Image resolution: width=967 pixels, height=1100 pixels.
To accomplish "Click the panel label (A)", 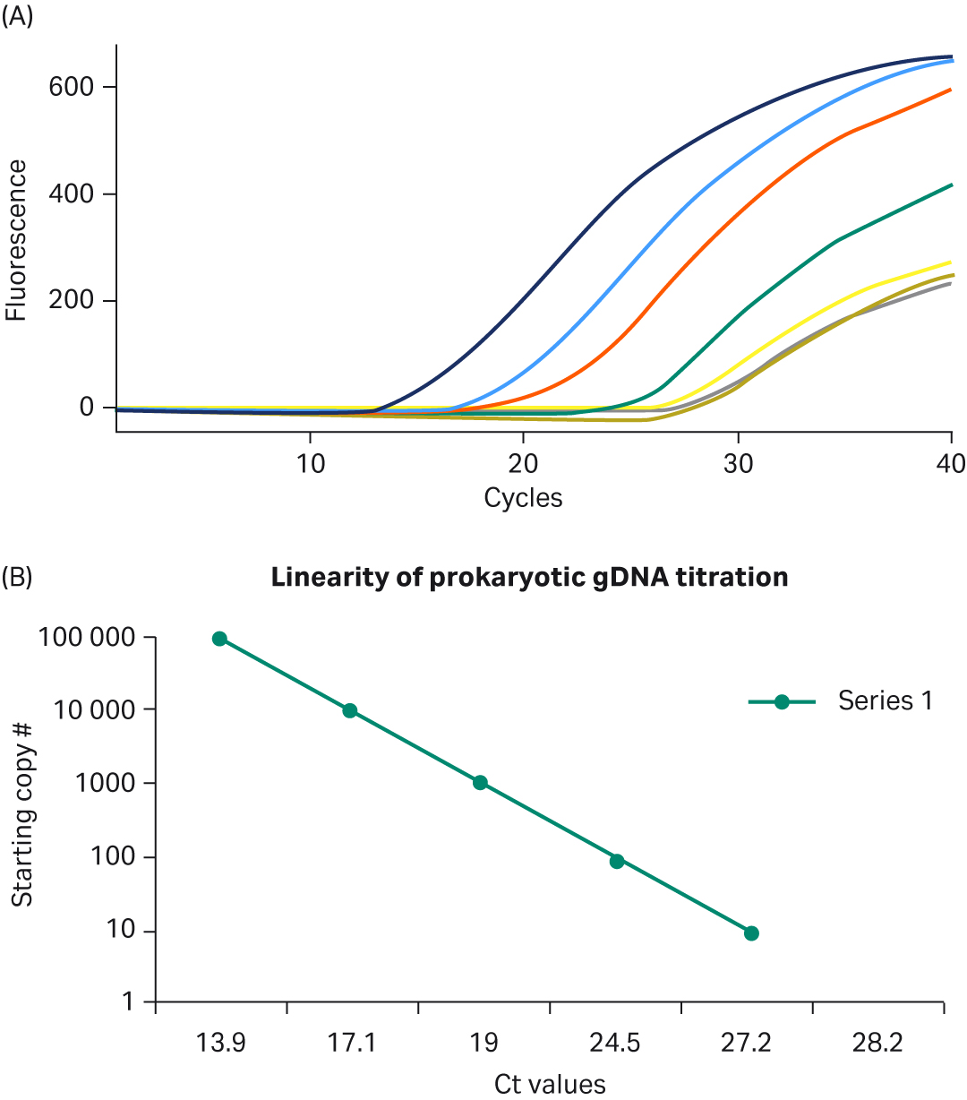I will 18,17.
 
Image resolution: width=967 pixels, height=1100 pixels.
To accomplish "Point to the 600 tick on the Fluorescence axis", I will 71,87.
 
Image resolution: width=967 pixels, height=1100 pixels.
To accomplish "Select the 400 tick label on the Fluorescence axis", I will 71,193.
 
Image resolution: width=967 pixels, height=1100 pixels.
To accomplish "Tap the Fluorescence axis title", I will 16,239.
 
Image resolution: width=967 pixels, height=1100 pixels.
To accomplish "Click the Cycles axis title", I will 523,497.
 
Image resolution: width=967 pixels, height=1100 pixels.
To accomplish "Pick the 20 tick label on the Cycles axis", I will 523,464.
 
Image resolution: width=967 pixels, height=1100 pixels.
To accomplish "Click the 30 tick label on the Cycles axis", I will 737,464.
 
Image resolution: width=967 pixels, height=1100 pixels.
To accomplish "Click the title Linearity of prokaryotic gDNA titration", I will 529,577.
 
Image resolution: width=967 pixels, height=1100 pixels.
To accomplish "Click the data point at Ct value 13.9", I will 219,639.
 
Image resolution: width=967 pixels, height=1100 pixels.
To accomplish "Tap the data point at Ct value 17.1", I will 350,710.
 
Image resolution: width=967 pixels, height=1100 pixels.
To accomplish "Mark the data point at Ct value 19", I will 481,782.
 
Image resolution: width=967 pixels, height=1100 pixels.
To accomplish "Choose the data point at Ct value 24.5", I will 616,861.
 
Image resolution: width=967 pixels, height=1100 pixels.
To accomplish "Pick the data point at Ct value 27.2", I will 751,933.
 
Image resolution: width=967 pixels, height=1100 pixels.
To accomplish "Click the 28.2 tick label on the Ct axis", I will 877,1044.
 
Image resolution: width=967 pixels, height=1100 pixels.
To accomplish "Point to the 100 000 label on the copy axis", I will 86,638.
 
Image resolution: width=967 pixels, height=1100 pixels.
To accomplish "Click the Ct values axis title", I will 550,1084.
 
